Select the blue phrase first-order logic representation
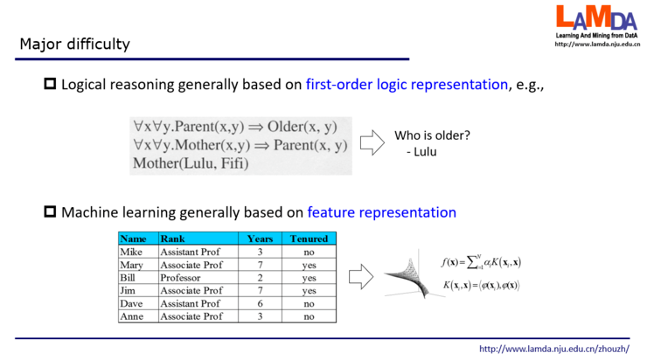pyautogui.click(x=407, y=85)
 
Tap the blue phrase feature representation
pyautogui.click(x=382, y=211)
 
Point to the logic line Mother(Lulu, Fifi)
pyautogui.click(x=191, y=163)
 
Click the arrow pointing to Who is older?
pyautogui.click(x=372, y=142)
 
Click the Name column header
pyautogui.click(x=134, y=239)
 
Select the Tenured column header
pyautogui.click(x=310, y=239)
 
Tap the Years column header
pyautogui.click(x=261, y=239)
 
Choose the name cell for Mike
pyautogui.click(x=131, y=252)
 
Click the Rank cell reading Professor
pyautogui.click(x=180, y=278)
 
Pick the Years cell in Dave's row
pyautogui.click(x=261, y=303)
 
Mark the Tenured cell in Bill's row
pyautogui.click(x=310, y=278)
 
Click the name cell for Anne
pyautogui.click(x=132, y=316)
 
